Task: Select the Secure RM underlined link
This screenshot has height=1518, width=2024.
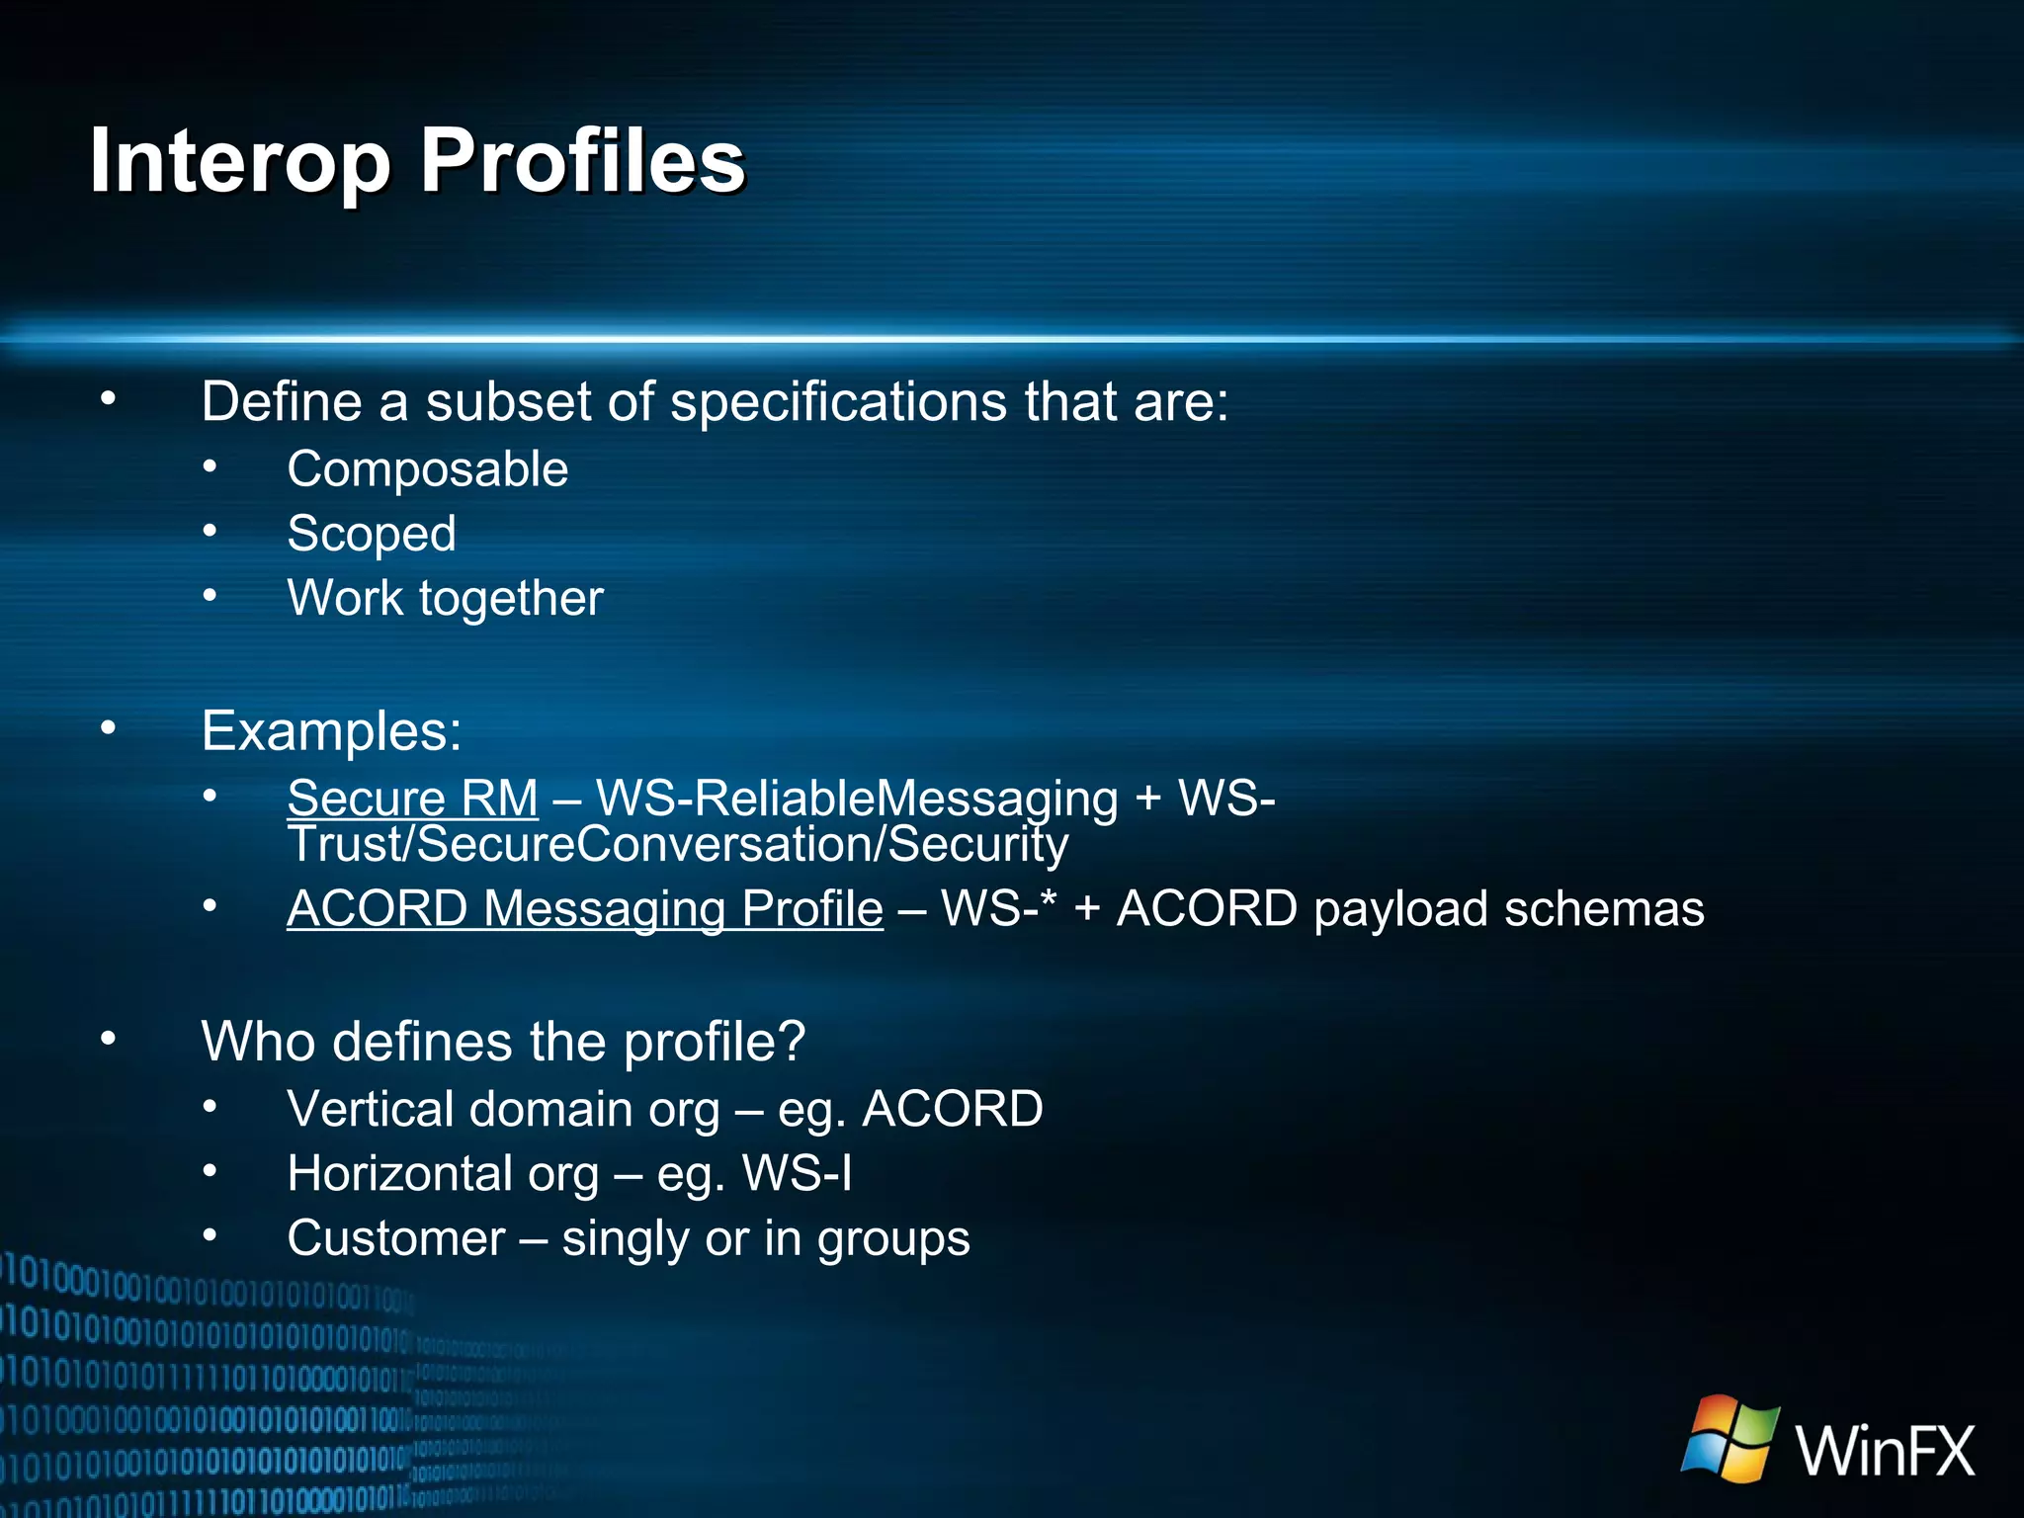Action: coord(412,798)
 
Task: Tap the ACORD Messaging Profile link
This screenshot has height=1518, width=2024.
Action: coord(584,908)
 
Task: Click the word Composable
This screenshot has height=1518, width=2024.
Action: coord(427,468)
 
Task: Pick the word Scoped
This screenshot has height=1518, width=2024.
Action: coord(372,534)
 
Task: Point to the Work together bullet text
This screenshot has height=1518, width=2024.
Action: coord(445,598)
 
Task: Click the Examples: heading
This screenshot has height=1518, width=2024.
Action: coord(331,731)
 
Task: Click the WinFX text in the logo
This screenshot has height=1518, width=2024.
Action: coord(1885,1451)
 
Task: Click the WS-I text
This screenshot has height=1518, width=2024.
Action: coord(797,1173)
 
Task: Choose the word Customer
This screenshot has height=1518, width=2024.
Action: coord(395,1238)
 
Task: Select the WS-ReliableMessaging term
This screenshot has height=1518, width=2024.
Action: coord(857,798)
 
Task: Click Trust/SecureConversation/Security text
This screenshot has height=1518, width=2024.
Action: coord(677,845)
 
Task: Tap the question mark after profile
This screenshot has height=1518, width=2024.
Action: coord(792,1042)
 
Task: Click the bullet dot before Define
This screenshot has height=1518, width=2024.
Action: coord(108,400)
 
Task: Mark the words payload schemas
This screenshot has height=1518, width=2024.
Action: coord(1508,908)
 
